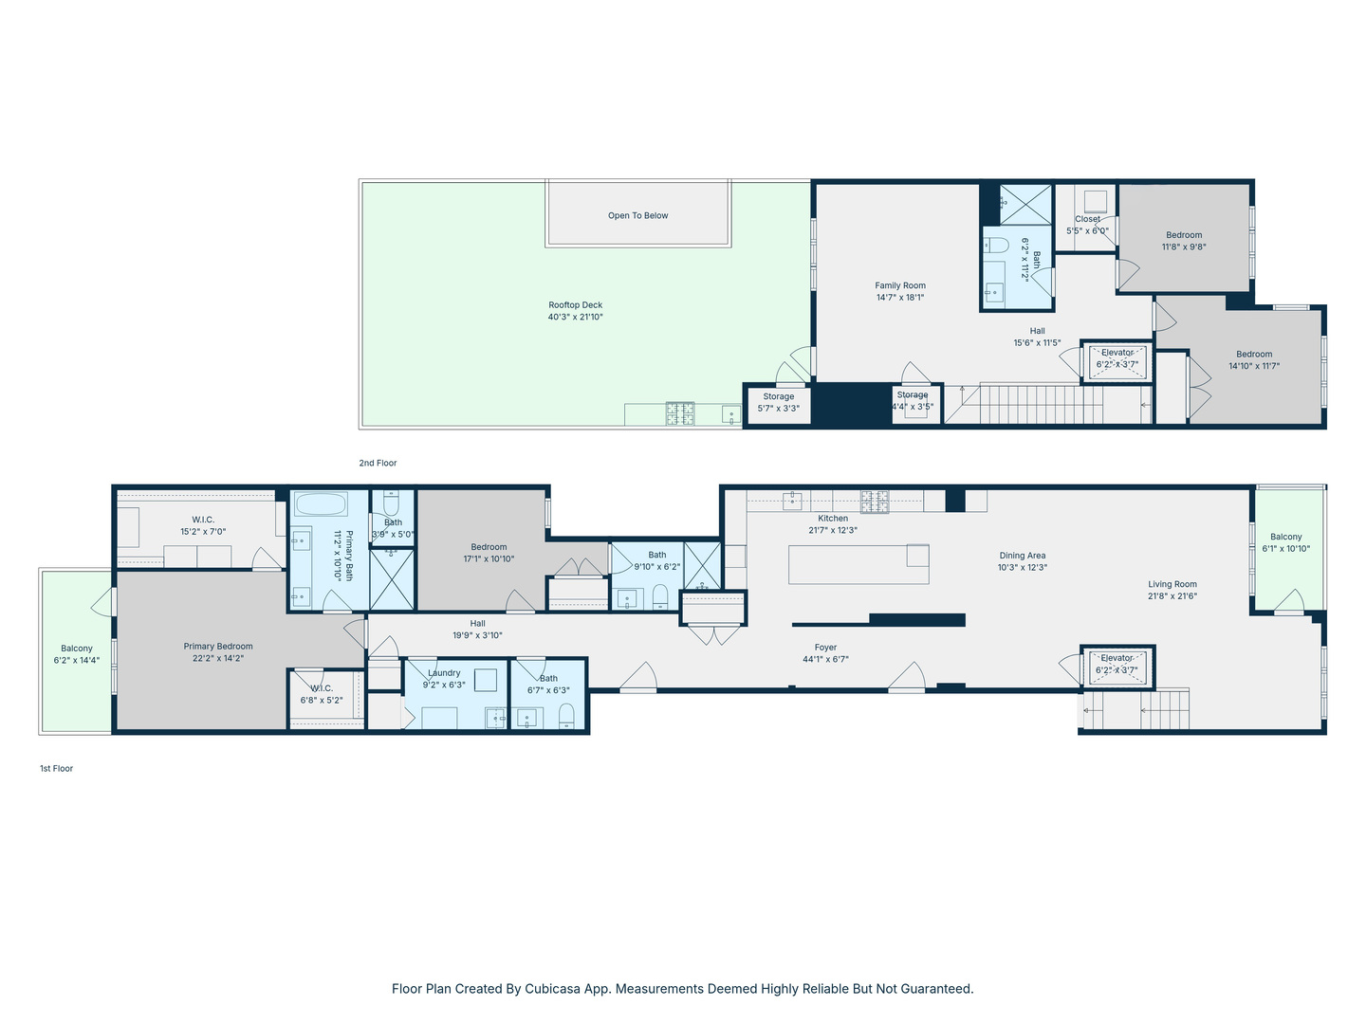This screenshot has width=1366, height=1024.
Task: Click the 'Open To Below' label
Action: (x=637, y=215)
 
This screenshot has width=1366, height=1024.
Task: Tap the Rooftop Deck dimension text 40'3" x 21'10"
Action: (x=575, y=318)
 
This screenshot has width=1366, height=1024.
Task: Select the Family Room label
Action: (x=899, y=285)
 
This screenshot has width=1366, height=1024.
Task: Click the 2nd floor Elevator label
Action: (x=1117, y=353)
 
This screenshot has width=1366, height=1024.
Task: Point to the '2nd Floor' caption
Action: (x=378, y=464)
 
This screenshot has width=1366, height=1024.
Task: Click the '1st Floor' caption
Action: (x=56, y=769)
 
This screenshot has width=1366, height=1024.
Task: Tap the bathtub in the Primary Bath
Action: (x=321, y=503)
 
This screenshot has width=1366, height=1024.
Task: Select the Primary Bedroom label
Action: (x=218, y=647)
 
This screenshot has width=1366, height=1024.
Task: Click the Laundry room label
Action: (x=444, y=673)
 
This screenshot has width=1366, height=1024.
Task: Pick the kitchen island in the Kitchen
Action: (x=858, y=565)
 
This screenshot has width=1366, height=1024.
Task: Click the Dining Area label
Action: (x=1022, y=557)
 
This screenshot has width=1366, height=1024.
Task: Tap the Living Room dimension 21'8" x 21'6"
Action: (x=1172, y=596)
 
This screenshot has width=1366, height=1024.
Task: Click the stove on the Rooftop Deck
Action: (x=679, y=413)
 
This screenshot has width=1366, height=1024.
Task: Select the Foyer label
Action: (x=825, y=648)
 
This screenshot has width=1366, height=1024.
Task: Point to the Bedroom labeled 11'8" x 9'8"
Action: (x=1184, y=235)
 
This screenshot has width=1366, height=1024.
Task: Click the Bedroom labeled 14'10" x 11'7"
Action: (x=1254, y=355)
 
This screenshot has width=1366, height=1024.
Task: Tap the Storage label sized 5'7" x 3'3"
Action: (x=778, y=397)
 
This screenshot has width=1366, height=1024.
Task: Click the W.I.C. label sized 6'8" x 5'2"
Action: (x=322, y=688)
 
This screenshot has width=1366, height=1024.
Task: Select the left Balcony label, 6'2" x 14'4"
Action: (x=77, y=649)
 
